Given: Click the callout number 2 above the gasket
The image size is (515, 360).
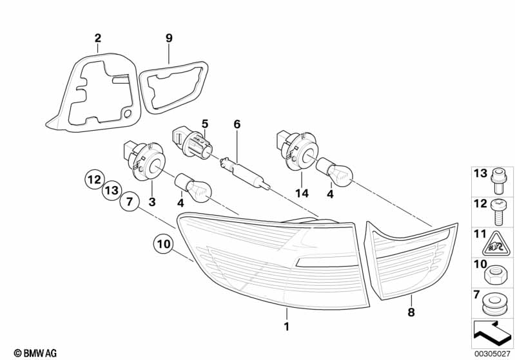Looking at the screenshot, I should click(x=97, y=38).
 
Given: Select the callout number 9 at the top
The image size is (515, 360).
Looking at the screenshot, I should click(x=169, y=38).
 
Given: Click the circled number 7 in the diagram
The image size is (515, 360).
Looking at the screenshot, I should click(x=129, y=202).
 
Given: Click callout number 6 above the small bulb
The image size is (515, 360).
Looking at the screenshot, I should click(x=236, y=124).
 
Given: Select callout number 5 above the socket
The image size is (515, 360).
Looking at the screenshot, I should click(x=205, y=123).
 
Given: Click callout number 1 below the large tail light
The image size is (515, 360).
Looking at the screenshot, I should click(x=287, y=327).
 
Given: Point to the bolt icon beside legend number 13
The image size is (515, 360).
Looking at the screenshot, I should click(x=498, y=177).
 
